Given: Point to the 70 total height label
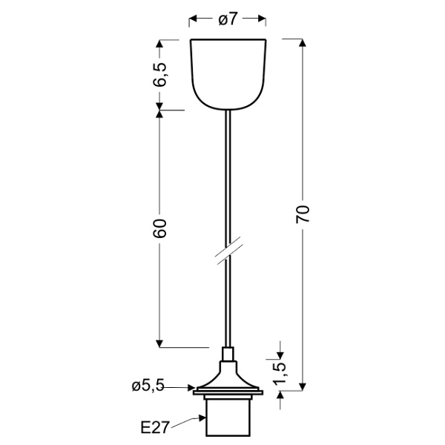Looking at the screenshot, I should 303,215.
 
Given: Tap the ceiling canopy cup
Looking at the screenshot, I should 228,70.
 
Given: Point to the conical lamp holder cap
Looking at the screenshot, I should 228,375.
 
